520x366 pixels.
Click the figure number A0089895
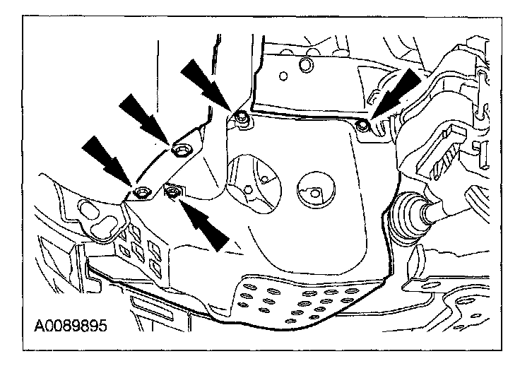[x=71, y=328]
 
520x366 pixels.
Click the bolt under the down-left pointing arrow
[x=363, y=126]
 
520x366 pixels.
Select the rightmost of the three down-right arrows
[x=209, y=85]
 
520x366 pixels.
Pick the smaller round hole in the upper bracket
[x=283, y=75]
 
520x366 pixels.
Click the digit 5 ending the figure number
[x=106, y=328]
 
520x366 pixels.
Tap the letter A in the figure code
[x=39, y=328]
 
